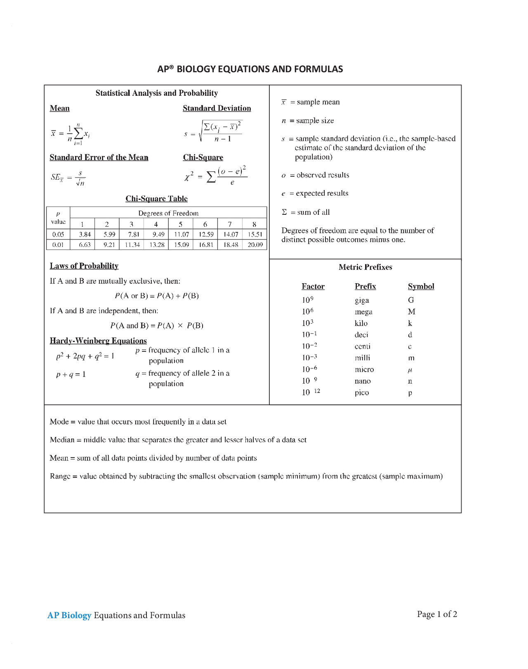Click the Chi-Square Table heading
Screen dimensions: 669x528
click(x=156, y=199)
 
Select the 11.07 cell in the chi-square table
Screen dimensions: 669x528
click(x=181, y=234)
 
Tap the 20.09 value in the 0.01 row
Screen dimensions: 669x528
click(x=255, y=244)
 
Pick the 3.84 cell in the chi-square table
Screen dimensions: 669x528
click(x=85, y=234)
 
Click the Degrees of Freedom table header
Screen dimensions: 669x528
click(x=168, y=213)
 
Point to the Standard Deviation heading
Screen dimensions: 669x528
click(x=217, y=108)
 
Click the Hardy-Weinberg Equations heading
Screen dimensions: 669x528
click(x=98, y=341)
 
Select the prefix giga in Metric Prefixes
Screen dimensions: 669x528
click(x=362, y=300)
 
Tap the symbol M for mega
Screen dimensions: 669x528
click(x=411, y=312)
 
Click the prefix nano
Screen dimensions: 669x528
click(x=363, y=381)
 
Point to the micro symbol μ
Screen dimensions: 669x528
click(x=410, y=370)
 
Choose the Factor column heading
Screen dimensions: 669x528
click(x=313, y=286)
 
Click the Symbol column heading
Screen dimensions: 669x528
click(x=421, y=286)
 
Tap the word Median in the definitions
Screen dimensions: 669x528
click(x=62, y=440)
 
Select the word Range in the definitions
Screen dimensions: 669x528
click(x=60, y=476)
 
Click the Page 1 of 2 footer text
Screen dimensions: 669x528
click(x=437, y=614)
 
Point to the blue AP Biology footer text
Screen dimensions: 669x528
click(x=69, y=615)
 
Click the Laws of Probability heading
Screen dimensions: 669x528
click(x=84, y=266)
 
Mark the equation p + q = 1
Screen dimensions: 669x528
click(x=71, y=375)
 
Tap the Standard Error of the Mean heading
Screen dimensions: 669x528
click(x=99, y=157)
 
